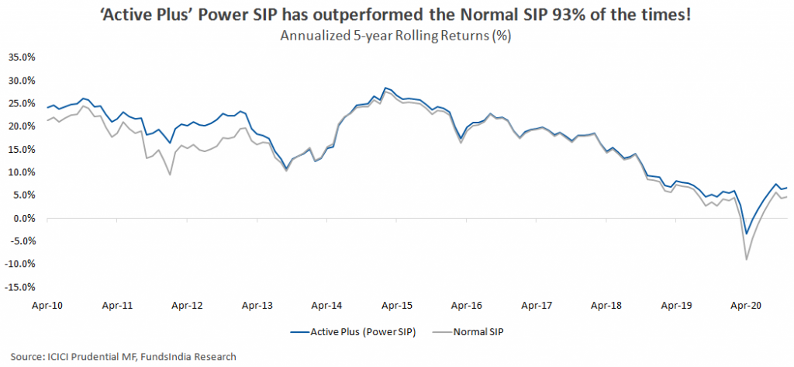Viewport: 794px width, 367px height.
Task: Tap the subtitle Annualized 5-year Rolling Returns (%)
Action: point(396,35)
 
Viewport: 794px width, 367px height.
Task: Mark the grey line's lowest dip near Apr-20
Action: point(746,259)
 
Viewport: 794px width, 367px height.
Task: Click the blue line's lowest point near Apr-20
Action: point(747,234)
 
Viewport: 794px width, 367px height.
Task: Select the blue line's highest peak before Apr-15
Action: point(385,88)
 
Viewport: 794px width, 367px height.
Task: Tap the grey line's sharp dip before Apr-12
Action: point(170,175)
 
